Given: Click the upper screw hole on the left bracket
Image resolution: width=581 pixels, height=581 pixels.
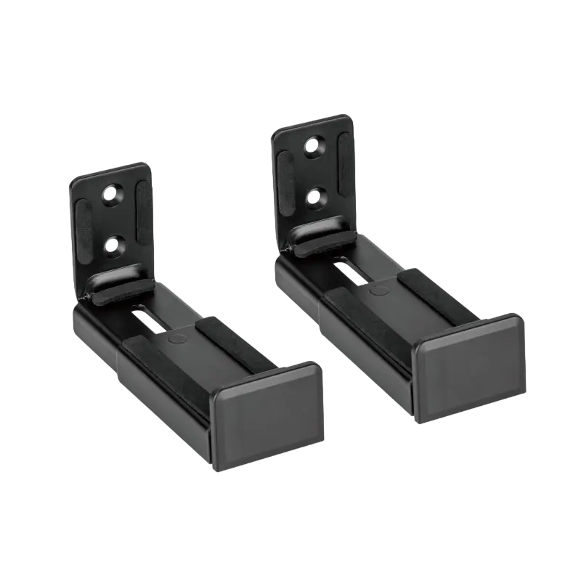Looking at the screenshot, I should point(111,192).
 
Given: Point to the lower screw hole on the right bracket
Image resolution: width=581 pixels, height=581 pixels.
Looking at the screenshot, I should point(314,195).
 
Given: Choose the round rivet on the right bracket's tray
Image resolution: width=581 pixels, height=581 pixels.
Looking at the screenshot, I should point(377,289).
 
